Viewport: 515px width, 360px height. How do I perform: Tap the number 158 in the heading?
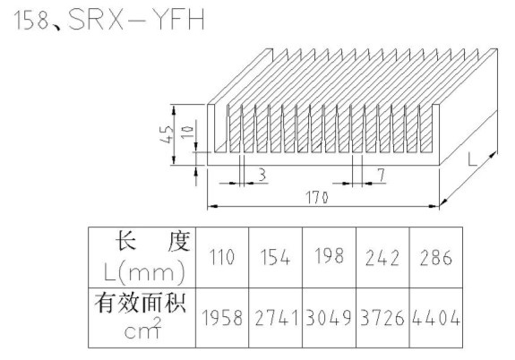click(x=31, y=20)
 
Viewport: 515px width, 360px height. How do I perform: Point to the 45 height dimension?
click(x=167, y=133)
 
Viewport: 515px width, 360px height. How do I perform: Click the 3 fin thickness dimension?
click(x=262, y=175)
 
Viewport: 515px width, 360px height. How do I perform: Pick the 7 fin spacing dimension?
click(x=381, y=175)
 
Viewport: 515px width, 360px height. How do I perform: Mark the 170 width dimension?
click(x=317, y=198)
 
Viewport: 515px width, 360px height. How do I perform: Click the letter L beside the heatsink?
click(x=472, y=160)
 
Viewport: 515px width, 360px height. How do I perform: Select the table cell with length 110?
click(x=222, y=257)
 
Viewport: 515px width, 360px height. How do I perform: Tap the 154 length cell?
click(x=275, y=257)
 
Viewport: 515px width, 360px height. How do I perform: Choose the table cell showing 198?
click(x=329, y=257)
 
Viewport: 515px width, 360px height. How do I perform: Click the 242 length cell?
click(x=382, y=257)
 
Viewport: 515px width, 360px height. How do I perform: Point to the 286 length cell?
click(x=436, y=257)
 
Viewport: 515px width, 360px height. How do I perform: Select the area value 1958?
click(x=222, y=318)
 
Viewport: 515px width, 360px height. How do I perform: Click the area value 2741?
click(x=277, y=318)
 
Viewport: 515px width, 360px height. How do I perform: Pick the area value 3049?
click(x=329, y=318)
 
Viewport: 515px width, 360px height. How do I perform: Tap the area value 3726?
click(x=382, y=318)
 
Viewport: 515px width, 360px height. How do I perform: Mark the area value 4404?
click(x=436, y=318)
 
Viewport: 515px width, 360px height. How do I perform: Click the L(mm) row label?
click(x=144, y=273)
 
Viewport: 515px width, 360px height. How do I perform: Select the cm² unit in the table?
click(x=143, y=330)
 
